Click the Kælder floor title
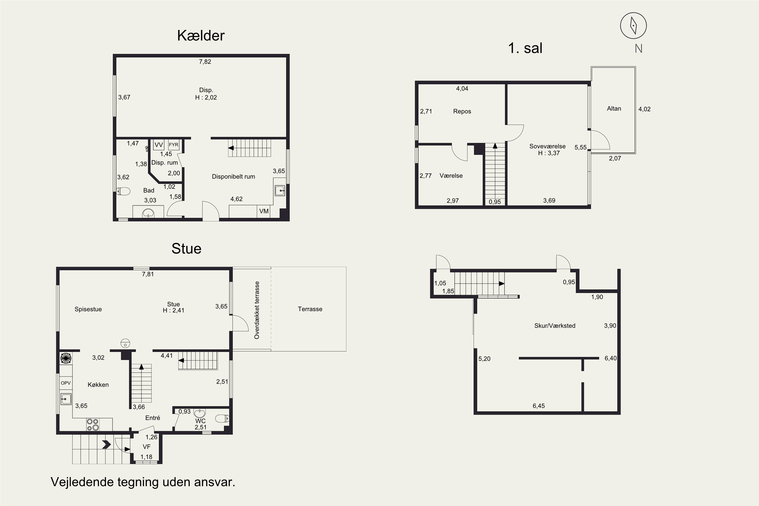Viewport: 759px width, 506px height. [200, 35]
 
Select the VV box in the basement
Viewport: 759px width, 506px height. [158, 145]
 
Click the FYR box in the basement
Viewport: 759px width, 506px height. [174, 145]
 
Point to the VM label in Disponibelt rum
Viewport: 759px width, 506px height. [264, 211]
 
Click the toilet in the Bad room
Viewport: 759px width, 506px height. [123, 191]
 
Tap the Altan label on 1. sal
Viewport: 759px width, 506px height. [614, 109]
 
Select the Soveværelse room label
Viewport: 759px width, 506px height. [547, 146]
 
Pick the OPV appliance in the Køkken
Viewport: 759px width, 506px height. [66, 383]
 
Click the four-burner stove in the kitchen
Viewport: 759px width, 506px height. [93, 425]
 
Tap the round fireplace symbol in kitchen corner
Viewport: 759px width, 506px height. [66, 358]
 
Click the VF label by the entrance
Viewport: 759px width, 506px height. [146, 447]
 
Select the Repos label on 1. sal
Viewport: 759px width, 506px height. [462, 111]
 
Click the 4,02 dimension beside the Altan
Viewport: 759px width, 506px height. [644, 109]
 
